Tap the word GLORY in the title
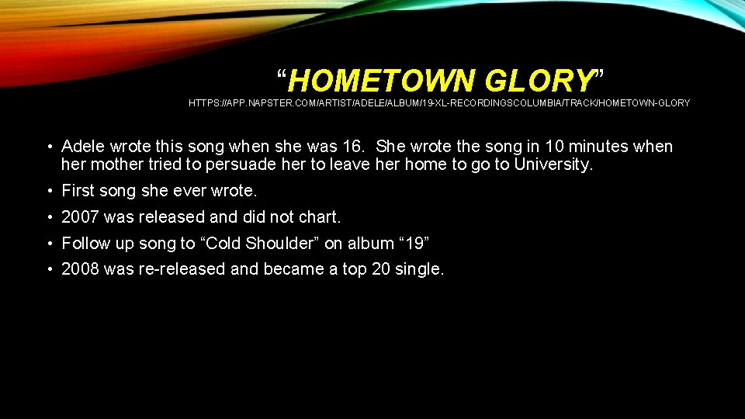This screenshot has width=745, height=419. click(538, 80)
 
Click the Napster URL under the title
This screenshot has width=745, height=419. click(439, 103)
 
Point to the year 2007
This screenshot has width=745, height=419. click(80, 217)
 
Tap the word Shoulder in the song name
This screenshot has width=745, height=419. click(278, 244)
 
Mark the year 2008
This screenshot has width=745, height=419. click(80, 269)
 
